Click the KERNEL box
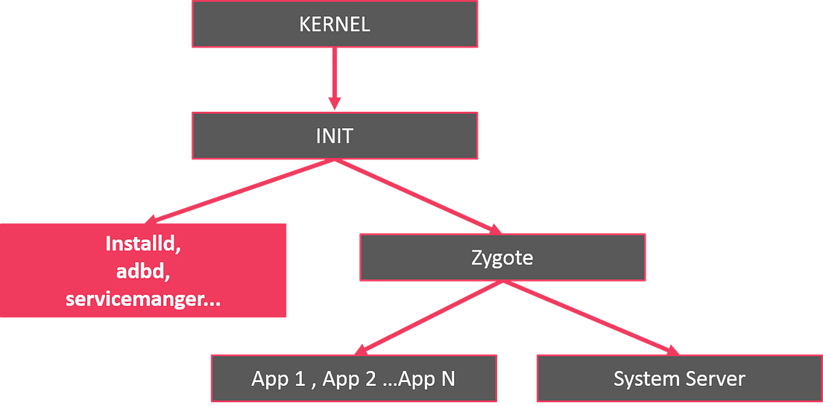pos(334,24)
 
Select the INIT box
pos(334,136)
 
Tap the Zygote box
pos(502,257)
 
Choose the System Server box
pos(678,378)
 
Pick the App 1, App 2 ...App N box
pos(353,378)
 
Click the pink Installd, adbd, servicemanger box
pos(143,270)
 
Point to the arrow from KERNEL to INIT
pos(334,74)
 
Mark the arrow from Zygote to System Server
pos(589,316)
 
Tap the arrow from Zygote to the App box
pos(432,316)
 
